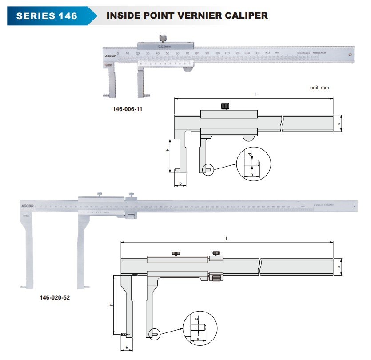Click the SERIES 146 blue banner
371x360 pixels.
47,16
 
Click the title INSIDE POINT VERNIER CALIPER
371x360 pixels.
187,16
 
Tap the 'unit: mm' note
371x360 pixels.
319,88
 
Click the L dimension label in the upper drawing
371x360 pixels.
255,95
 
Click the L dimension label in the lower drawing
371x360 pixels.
227,239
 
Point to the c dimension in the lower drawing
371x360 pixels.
339,267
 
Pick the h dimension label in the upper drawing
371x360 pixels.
168,150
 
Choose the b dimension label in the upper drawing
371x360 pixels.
180,183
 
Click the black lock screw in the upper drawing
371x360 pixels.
225,106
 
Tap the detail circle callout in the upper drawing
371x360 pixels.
254,164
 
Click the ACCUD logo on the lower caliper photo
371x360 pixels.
27,206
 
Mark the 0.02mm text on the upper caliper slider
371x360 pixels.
165,46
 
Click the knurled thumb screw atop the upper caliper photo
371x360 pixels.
163,38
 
